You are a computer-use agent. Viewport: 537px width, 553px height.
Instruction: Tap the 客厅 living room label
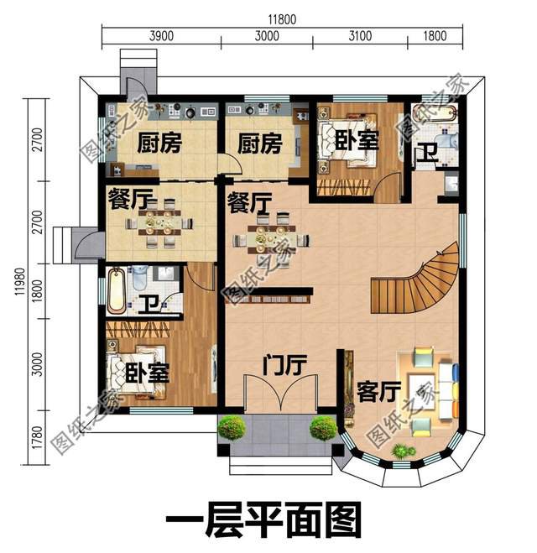pyautogui.click(x=378, y=392)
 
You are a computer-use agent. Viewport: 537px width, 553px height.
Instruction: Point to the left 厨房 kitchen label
pyautogui.click(x=159, y=144)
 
